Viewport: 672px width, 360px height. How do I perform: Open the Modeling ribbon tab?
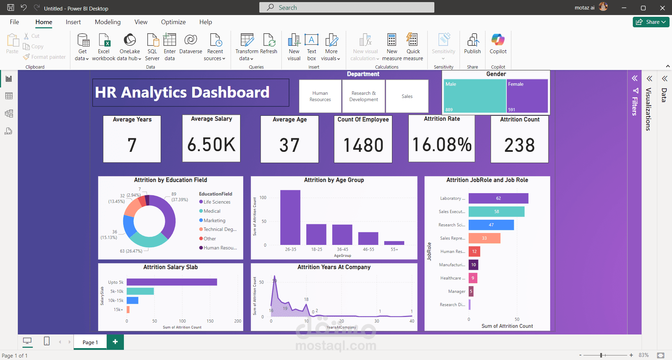click(x=107, y=22)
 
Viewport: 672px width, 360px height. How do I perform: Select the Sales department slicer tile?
click(x=407, y=96)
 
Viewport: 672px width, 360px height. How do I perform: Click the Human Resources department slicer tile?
click(x=320, y=96)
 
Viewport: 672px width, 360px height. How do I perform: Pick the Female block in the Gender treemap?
click(x=527, y=96)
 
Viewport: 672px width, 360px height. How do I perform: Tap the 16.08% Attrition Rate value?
click(x=442, y=145)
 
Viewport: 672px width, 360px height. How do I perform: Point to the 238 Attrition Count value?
click(x=519, y=145)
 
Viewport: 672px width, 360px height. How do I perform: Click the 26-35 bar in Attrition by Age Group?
click(x=290, y=217)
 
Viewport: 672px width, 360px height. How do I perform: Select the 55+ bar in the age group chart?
click(x=394, y=243)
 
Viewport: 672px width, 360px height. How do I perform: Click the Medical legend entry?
click(x=212, y=211)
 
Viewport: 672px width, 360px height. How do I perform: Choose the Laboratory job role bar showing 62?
click(x=498, y=198)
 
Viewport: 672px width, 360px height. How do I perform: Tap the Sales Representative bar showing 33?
click(x=484, y=238)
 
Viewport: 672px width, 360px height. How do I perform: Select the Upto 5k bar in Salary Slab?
click(x=171, y=282)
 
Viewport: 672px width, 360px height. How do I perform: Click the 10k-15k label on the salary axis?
click(x=116, y=301)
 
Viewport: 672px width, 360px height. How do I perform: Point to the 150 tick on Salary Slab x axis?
click(x=210, y=321)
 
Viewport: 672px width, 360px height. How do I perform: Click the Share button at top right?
click(x=651, y=22)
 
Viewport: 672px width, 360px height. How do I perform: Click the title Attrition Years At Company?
click(x=334, y=267)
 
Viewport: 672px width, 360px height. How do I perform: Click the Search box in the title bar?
click(x=346, y=7)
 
